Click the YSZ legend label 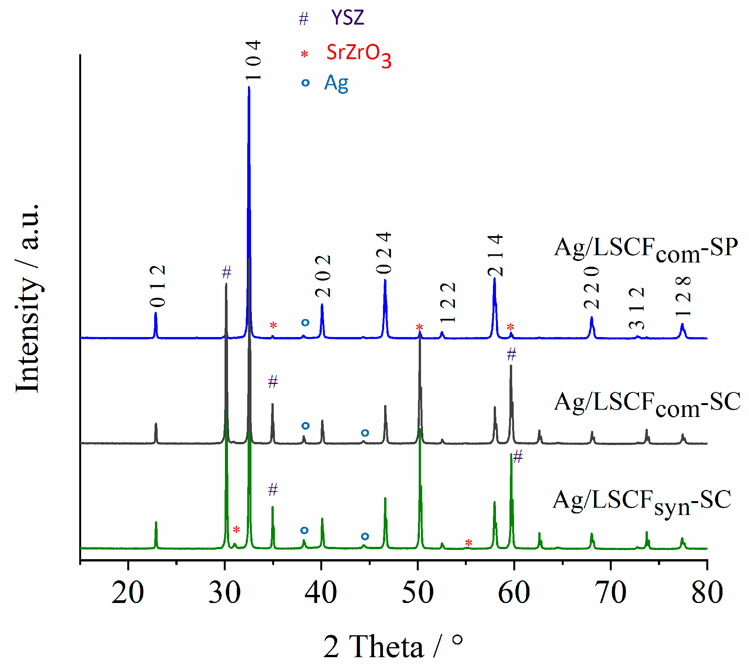coord(347,18)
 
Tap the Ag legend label coord(336,83)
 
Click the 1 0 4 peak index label coord(253,60)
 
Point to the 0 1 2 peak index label coord(158,286)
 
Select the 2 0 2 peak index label coord(323,276)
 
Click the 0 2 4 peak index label coord(384,253)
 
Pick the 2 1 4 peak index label coord(495,255)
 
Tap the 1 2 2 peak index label coord(448,302)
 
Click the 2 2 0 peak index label coord(591,287)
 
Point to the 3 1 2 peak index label coord(637,308)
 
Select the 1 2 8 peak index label coord(683,296)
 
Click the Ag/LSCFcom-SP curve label coord(646,248)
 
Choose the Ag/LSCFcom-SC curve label coord(647,403)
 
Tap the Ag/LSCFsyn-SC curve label coord(642,501)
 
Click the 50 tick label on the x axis coord(418,593)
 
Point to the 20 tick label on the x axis coord(128,593)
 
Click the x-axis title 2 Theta coord(392,646)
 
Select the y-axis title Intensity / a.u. coord(28,298)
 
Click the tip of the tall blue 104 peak coord(249,88)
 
